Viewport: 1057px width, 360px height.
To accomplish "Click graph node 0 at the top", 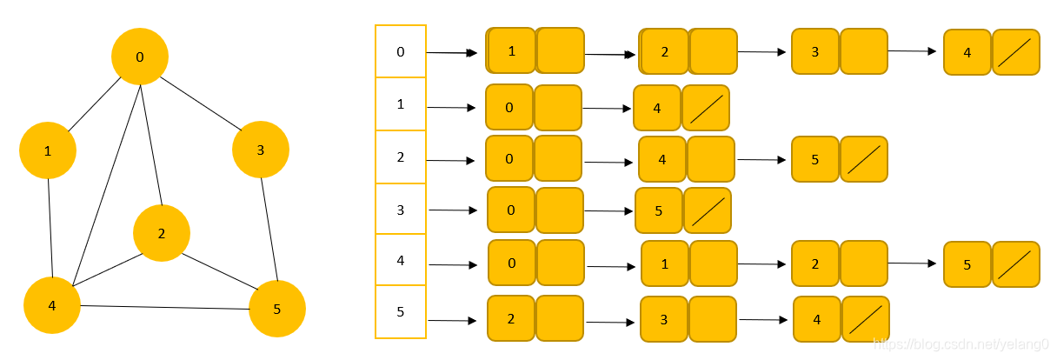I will [140, 57].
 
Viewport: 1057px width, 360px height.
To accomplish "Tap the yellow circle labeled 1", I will [48, 150].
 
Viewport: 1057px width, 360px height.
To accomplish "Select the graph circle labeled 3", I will [261, 150].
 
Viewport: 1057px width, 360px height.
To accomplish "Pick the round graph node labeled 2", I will [162, 233].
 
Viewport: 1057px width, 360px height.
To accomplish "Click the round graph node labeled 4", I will [52, 305].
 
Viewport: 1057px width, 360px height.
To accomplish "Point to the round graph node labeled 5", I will [277, 308].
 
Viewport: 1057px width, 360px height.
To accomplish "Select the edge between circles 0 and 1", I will [94, 103].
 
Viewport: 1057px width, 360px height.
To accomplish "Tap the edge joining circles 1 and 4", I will [50, 228].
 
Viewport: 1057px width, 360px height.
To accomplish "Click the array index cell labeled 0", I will [401, 51].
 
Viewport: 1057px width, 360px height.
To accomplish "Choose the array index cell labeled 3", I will [401, 210].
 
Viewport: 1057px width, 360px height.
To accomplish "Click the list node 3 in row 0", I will [815, 51].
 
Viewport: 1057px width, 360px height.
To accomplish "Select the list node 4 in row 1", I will [657, 108].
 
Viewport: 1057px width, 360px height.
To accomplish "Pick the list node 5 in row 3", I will [659, 210].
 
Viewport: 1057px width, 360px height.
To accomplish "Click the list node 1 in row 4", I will [665, 263].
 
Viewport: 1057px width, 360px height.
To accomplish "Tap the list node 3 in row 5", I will [664, 319].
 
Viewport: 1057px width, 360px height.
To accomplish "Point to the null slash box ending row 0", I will [1015, 52].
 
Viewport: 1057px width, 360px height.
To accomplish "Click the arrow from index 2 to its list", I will [451, 160].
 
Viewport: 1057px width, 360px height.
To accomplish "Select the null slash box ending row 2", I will [864, 159].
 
